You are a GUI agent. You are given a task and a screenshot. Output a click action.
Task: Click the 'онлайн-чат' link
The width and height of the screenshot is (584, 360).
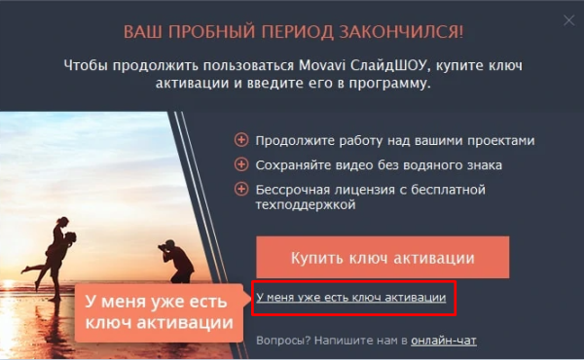pyautogui.click(x=444, y=341)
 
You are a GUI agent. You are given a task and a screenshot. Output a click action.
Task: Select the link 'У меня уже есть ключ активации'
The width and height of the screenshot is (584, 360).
pyautogui.click(x=350, y=297)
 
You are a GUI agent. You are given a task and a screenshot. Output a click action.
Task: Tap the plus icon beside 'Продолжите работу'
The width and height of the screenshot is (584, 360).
pyautogui.click(x=241, y=140)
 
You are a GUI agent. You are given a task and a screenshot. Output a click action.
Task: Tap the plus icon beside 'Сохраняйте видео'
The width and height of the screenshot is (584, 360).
pyautogui.click(x=241, y=164)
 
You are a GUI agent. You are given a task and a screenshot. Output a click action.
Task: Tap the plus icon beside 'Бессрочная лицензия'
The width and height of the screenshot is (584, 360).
pyautogui.click(x=241, y=189)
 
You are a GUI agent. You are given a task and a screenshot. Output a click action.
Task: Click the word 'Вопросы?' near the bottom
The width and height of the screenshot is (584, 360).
pyautogui.click(x=281, y=341)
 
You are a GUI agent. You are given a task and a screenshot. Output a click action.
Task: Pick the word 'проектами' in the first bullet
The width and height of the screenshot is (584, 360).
pyautogui.click(x=498, y=140)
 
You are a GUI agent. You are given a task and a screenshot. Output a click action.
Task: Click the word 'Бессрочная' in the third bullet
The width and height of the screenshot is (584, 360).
pyautogui.click(x=292, y=189)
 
